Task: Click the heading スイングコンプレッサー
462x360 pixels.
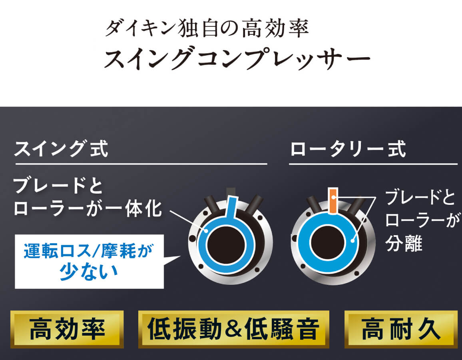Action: tap(237, 58)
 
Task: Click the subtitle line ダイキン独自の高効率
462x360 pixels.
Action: tap(207, 28)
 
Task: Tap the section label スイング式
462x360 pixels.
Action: tap(61, 148)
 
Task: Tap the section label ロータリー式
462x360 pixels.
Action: tap(348, 149)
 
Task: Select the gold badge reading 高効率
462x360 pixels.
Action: tap(67, 329)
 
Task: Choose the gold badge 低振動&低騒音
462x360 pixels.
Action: tap(234, 329)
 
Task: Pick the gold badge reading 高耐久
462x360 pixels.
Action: tap(401, 329)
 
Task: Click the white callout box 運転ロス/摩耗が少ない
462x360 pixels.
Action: tap(89, 262)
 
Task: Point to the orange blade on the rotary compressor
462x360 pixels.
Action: tap(333, 200)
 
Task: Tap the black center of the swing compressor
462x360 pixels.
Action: tap(226, 245)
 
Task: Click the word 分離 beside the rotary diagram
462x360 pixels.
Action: tap(404, 244)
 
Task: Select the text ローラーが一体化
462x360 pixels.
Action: tap(88, 209)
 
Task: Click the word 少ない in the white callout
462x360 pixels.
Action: tap(89, 272)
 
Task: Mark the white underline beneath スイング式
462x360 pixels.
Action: tap(141, 164)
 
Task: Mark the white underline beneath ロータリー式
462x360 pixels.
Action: tap(373, 164)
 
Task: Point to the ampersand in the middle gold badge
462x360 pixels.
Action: tap(233, 329)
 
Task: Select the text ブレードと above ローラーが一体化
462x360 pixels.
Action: tap(58, 186)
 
